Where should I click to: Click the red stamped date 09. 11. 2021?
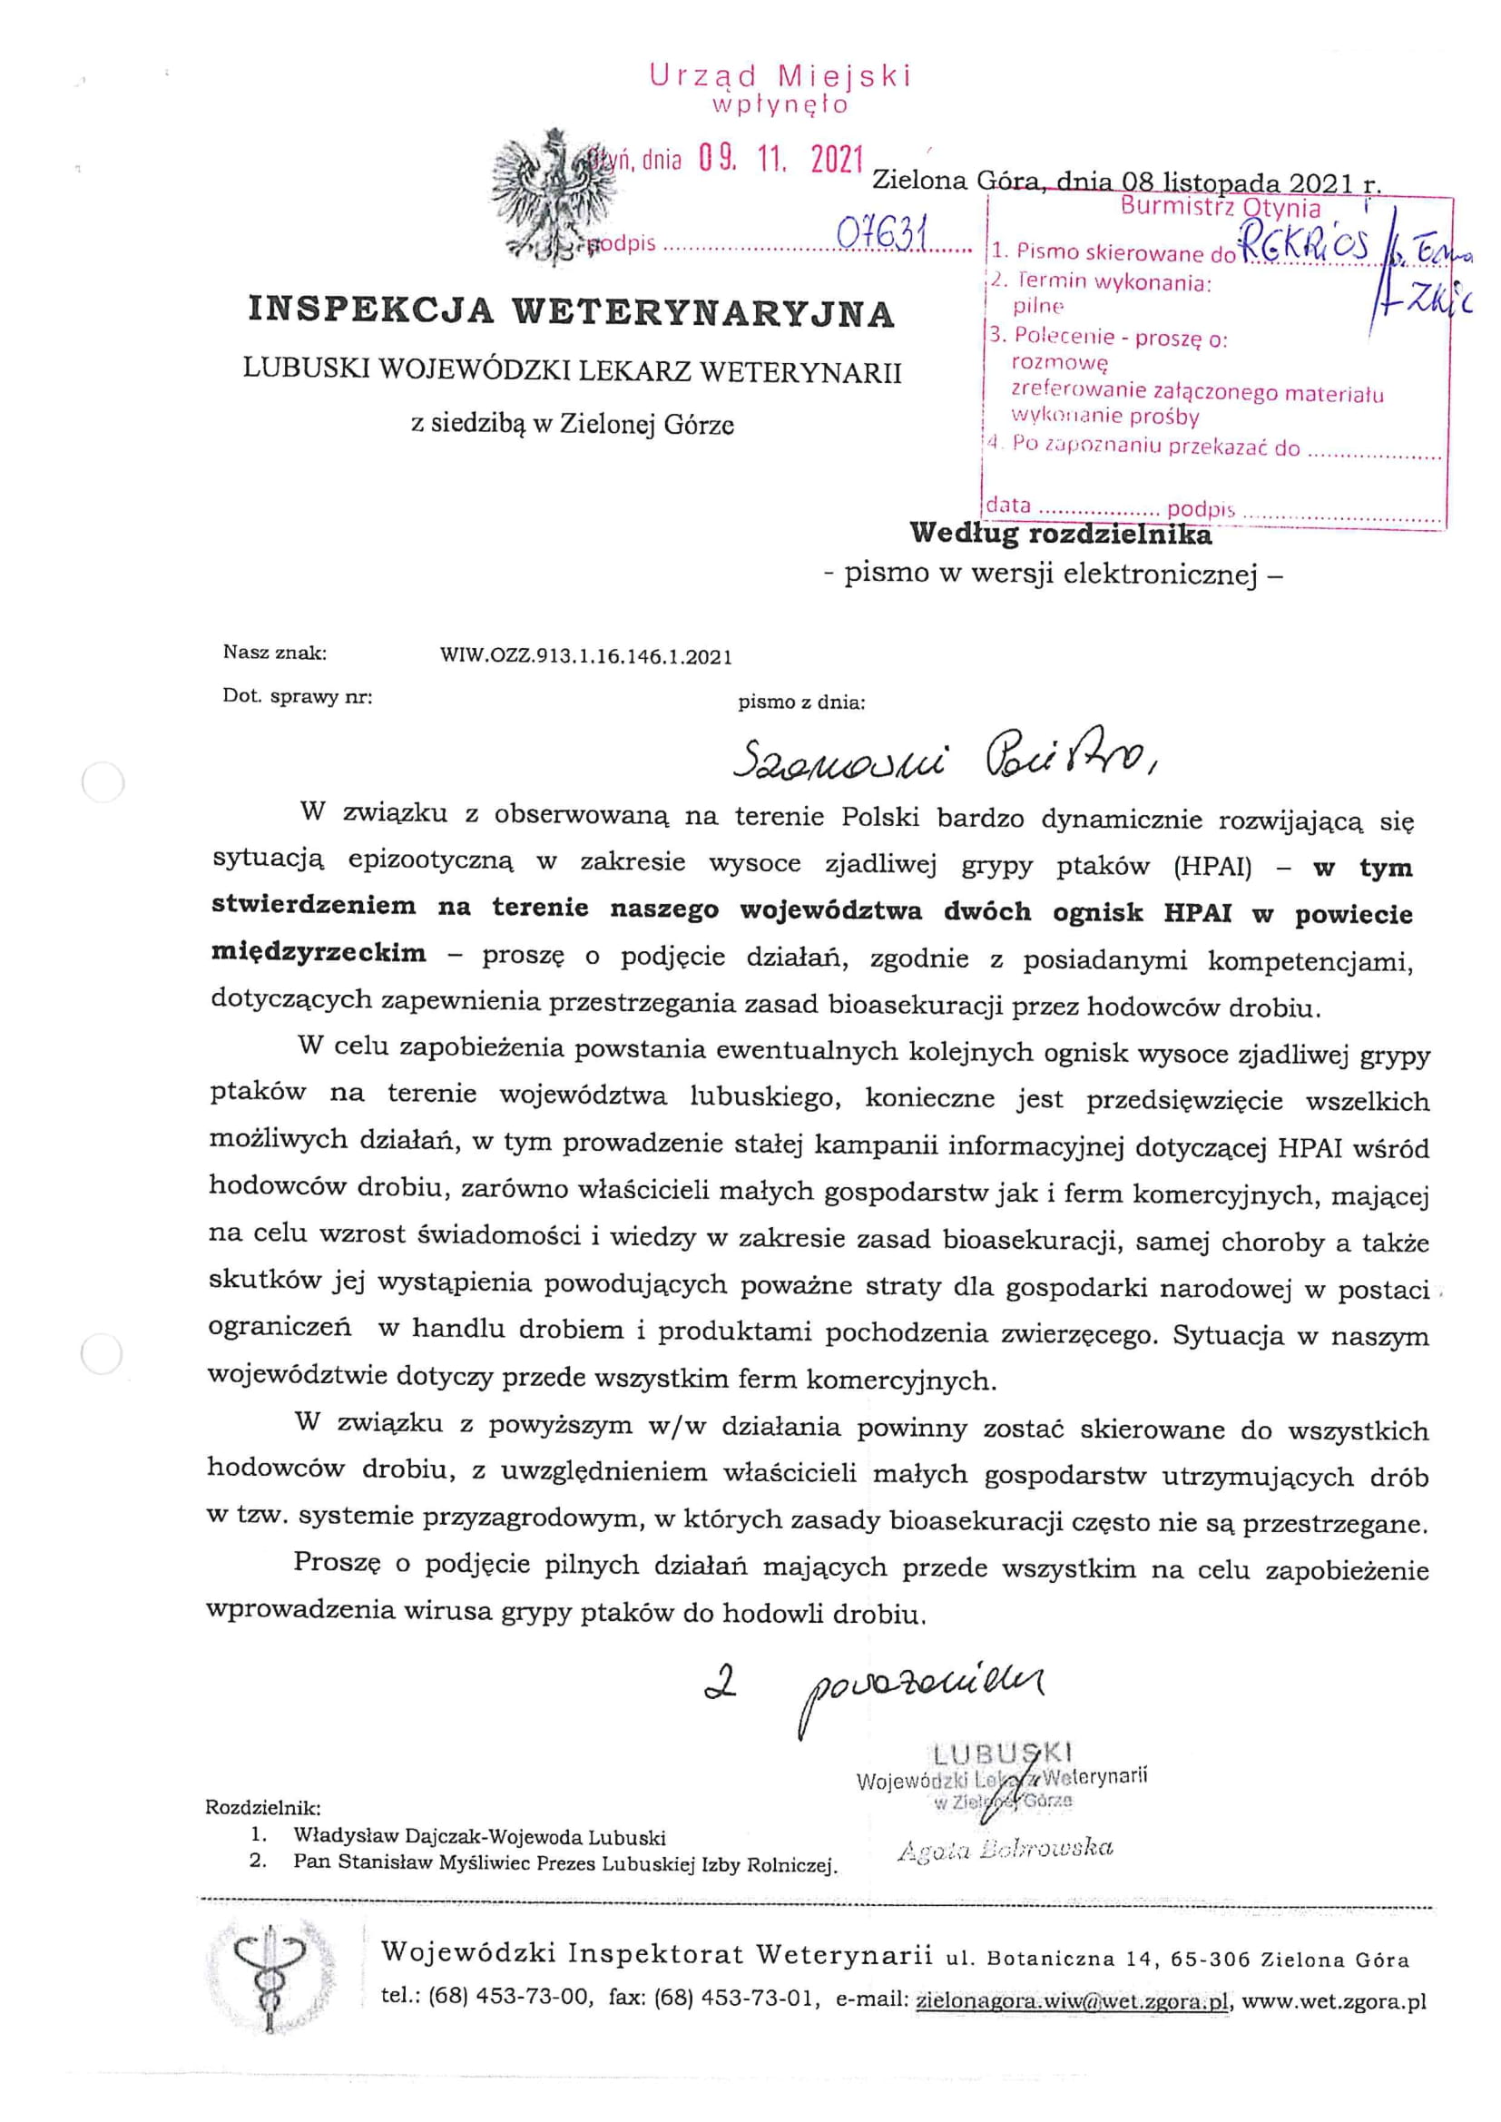781,161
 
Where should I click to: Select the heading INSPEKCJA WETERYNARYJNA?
571,311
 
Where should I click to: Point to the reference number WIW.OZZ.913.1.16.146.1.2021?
586,657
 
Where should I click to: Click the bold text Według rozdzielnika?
1060,534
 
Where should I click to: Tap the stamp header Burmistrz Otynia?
1220,207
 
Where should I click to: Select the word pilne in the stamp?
1038,306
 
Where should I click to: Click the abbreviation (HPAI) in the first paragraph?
1212,866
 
